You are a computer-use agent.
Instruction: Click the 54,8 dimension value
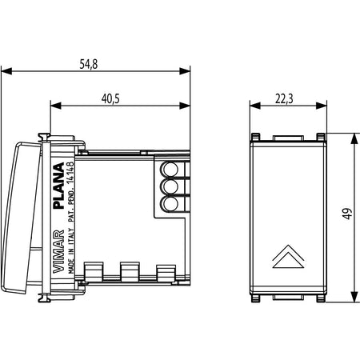[89, 64]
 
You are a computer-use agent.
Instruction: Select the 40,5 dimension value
[110, 99]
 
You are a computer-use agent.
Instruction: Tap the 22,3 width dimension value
[284, 99]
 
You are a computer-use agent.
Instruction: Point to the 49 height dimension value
[347, 214]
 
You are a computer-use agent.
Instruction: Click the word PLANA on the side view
[58, 186]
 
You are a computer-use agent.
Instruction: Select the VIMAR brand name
[58, 252]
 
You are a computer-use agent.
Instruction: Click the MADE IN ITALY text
[71, 251]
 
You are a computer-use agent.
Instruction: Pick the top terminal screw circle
[170, 169]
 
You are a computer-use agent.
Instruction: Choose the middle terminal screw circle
[170, 186]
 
